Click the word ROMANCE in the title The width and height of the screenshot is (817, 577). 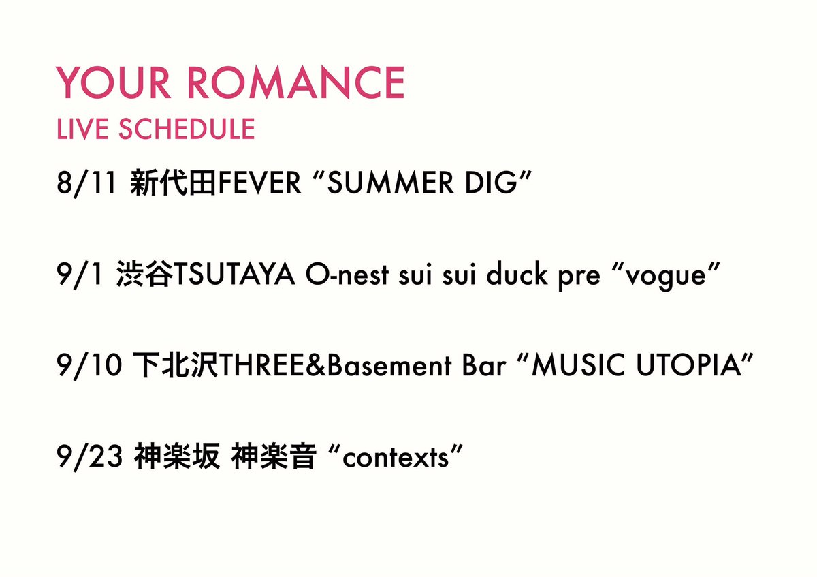click(295, 83)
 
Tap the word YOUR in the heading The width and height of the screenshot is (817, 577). click(113, 83)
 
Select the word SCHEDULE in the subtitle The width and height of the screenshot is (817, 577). click(187, 129)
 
